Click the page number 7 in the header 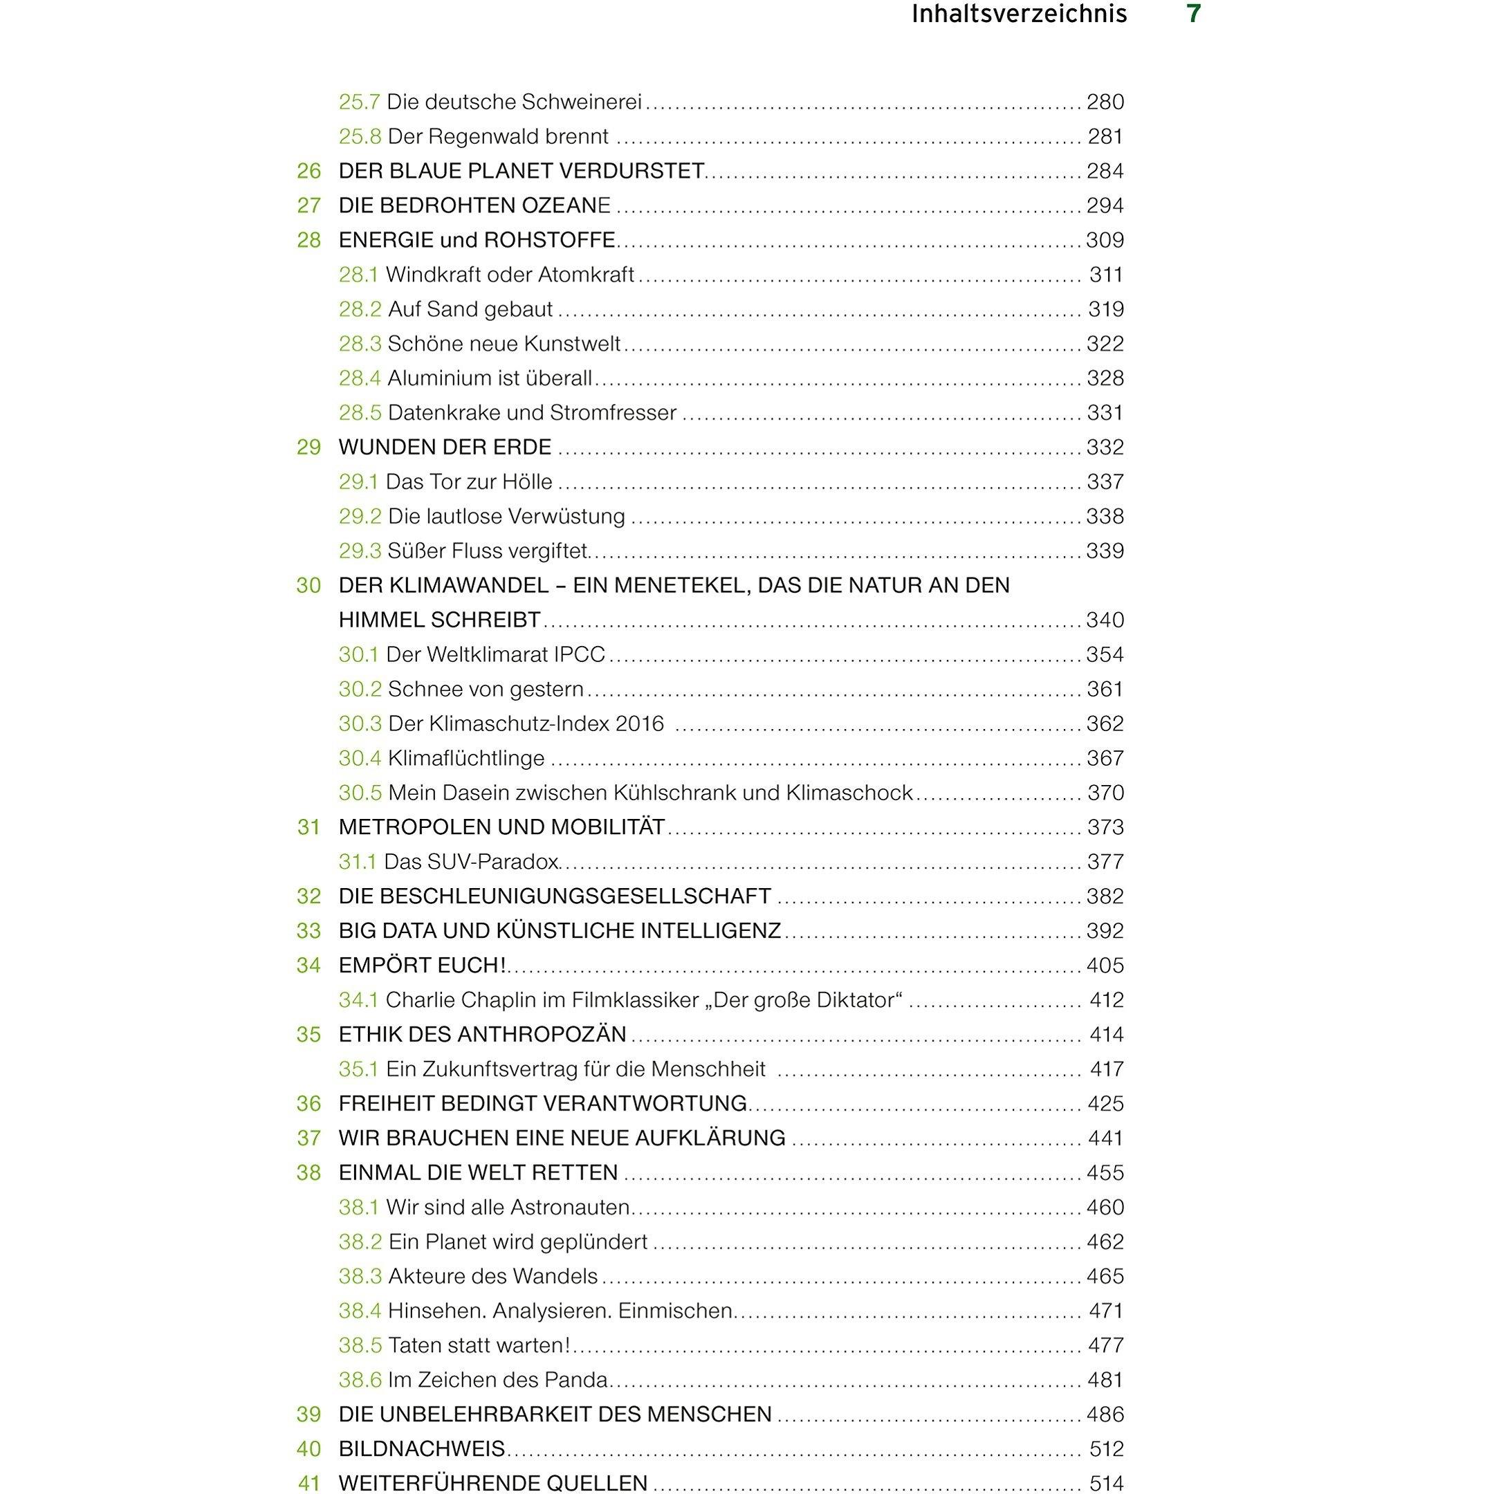click(1193, 15)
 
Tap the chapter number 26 click(308, 171)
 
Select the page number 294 click(1105, 205)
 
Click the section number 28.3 click(360, 343)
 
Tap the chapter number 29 click(308, 447)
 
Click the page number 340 click(1105, 620)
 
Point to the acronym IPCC click(578, 654)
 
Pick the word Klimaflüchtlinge click(465, 758)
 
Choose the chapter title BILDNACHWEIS click(421, 1448)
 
